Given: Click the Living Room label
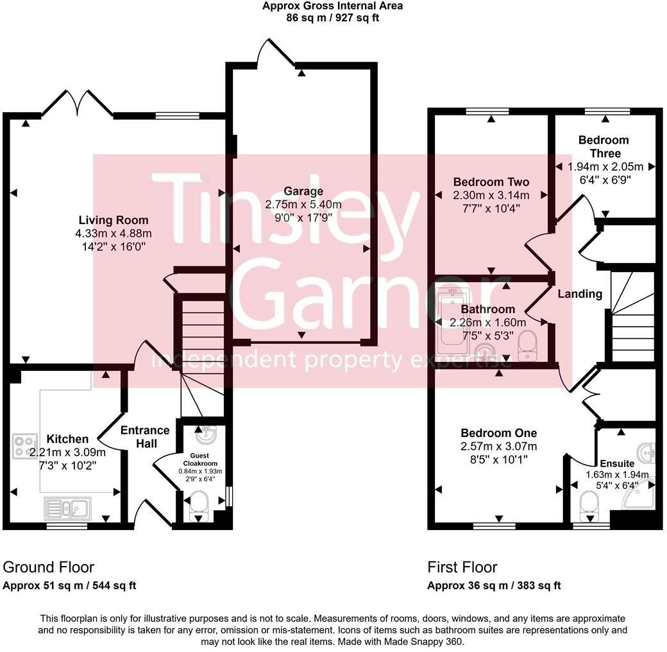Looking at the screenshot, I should tap(114, 220).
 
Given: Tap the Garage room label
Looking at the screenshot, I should tap(304, 191).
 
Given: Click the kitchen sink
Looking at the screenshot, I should tap(69, 509).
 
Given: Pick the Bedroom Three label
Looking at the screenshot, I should tap(603, 146).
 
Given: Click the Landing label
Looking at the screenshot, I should tap(580, 294).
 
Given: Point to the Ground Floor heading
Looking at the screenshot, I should tap(49, 567).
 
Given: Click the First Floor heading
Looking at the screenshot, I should tap(462, 567).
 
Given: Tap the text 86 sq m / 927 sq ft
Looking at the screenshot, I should tap(332, 18).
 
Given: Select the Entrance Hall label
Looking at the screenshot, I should tap(145, 436).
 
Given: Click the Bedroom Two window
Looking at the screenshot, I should tap(487, 112).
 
